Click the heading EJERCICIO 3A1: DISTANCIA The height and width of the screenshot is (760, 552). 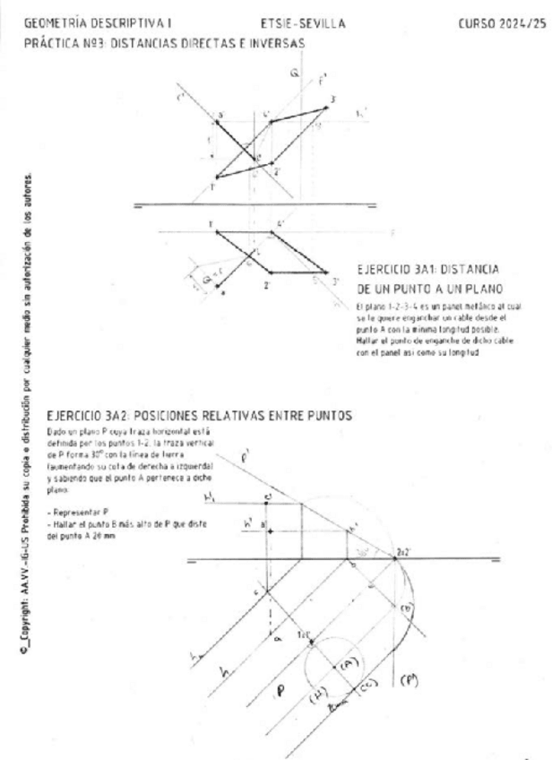(x=428, y=269)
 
